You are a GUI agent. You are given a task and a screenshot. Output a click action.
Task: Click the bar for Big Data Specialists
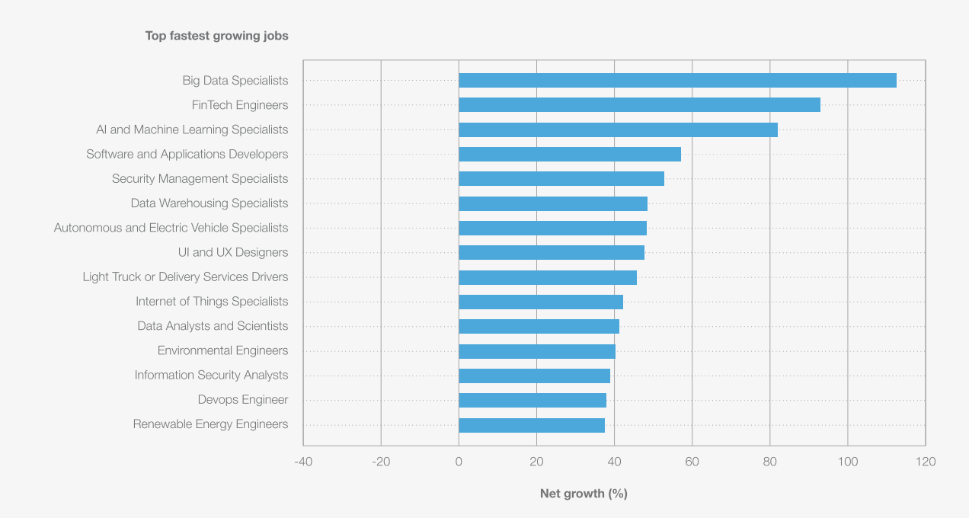(x=677, y=81)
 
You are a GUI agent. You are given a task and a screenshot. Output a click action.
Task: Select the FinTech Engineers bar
(x=639, y=105)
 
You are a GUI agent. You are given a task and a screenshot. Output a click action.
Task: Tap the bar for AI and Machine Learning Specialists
(x=618, y=129)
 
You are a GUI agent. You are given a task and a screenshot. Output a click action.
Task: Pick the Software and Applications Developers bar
(x=570, y=155)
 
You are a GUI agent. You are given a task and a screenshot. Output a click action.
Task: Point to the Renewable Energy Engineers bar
(x=532, y=425)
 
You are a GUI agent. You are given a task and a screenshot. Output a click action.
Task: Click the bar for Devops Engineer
(x=532, y=400)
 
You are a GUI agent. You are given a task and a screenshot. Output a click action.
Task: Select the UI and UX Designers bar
(x=552, y=253)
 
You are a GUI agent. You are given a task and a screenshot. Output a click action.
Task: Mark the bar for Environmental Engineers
(x=537, y=351)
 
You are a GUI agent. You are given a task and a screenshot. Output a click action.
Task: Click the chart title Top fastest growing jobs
(x=217, y=36)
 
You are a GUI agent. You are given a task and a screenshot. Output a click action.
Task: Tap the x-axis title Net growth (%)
(x=584, y=494)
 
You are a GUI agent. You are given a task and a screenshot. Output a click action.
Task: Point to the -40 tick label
(x=303, y=462)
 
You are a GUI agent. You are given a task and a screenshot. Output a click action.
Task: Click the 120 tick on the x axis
(x=926, y=462)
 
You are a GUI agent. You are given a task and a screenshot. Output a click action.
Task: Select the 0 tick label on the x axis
(x=459, y=462)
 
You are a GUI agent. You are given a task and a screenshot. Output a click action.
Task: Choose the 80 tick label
(x=769, y=462)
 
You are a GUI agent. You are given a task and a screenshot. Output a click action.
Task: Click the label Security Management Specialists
(x=200, y=179)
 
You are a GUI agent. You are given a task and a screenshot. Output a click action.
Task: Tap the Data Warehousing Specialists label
(x=209, y=203)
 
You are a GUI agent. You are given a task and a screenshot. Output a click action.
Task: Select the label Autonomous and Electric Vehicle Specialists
(x=171, y=228)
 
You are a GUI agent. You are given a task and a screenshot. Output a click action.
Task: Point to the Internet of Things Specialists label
(x=212, y=302)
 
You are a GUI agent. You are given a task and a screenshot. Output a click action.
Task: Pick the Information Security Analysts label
(x=211, y=376)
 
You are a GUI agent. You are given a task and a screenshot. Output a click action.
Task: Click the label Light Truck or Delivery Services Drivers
(x=185, y=277)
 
